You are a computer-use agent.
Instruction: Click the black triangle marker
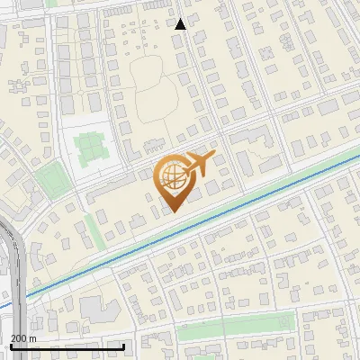(x=181, y=24)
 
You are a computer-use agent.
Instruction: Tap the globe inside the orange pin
(x=171, y=176)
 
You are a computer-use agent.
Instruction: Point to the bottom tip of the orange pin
(x=172, y=211)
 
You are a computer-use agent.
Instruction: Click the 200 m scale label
(x=23, y=338)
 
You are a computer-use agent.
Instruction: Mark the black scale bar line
(x=67, y=346)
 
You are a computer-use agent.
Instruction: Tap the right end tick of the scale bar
(x=123, y=345)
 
